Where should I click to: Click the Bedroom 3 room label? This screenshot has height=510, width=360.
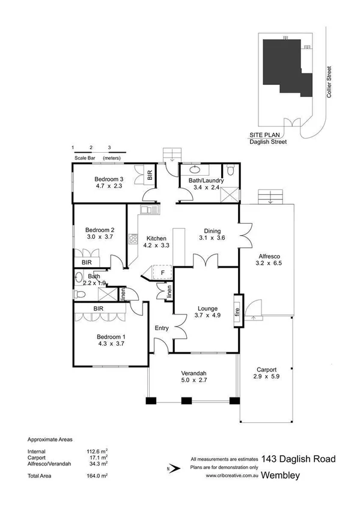tap(109, 179)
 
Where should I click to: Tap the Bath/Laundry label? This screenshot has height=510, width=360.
tap(206, 180)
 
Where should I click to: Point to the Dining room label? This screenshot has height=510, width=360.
tap(212, 230)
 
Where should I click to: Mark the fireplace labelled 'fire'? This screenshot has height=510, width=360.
tap(237, 311)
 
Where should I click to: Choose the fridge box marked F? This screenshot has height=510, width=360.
tap(162, 272)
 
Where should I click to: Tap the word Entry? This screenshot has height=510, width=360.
tap(162, 328)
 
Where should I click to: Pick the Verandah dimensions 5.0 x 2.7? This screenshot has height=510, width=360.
tap(193, 380)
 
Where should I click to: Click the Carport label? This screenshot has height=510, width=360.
tap(266, 369)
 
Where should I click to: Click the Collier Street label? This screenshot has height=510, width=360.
tap(329, 83)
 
